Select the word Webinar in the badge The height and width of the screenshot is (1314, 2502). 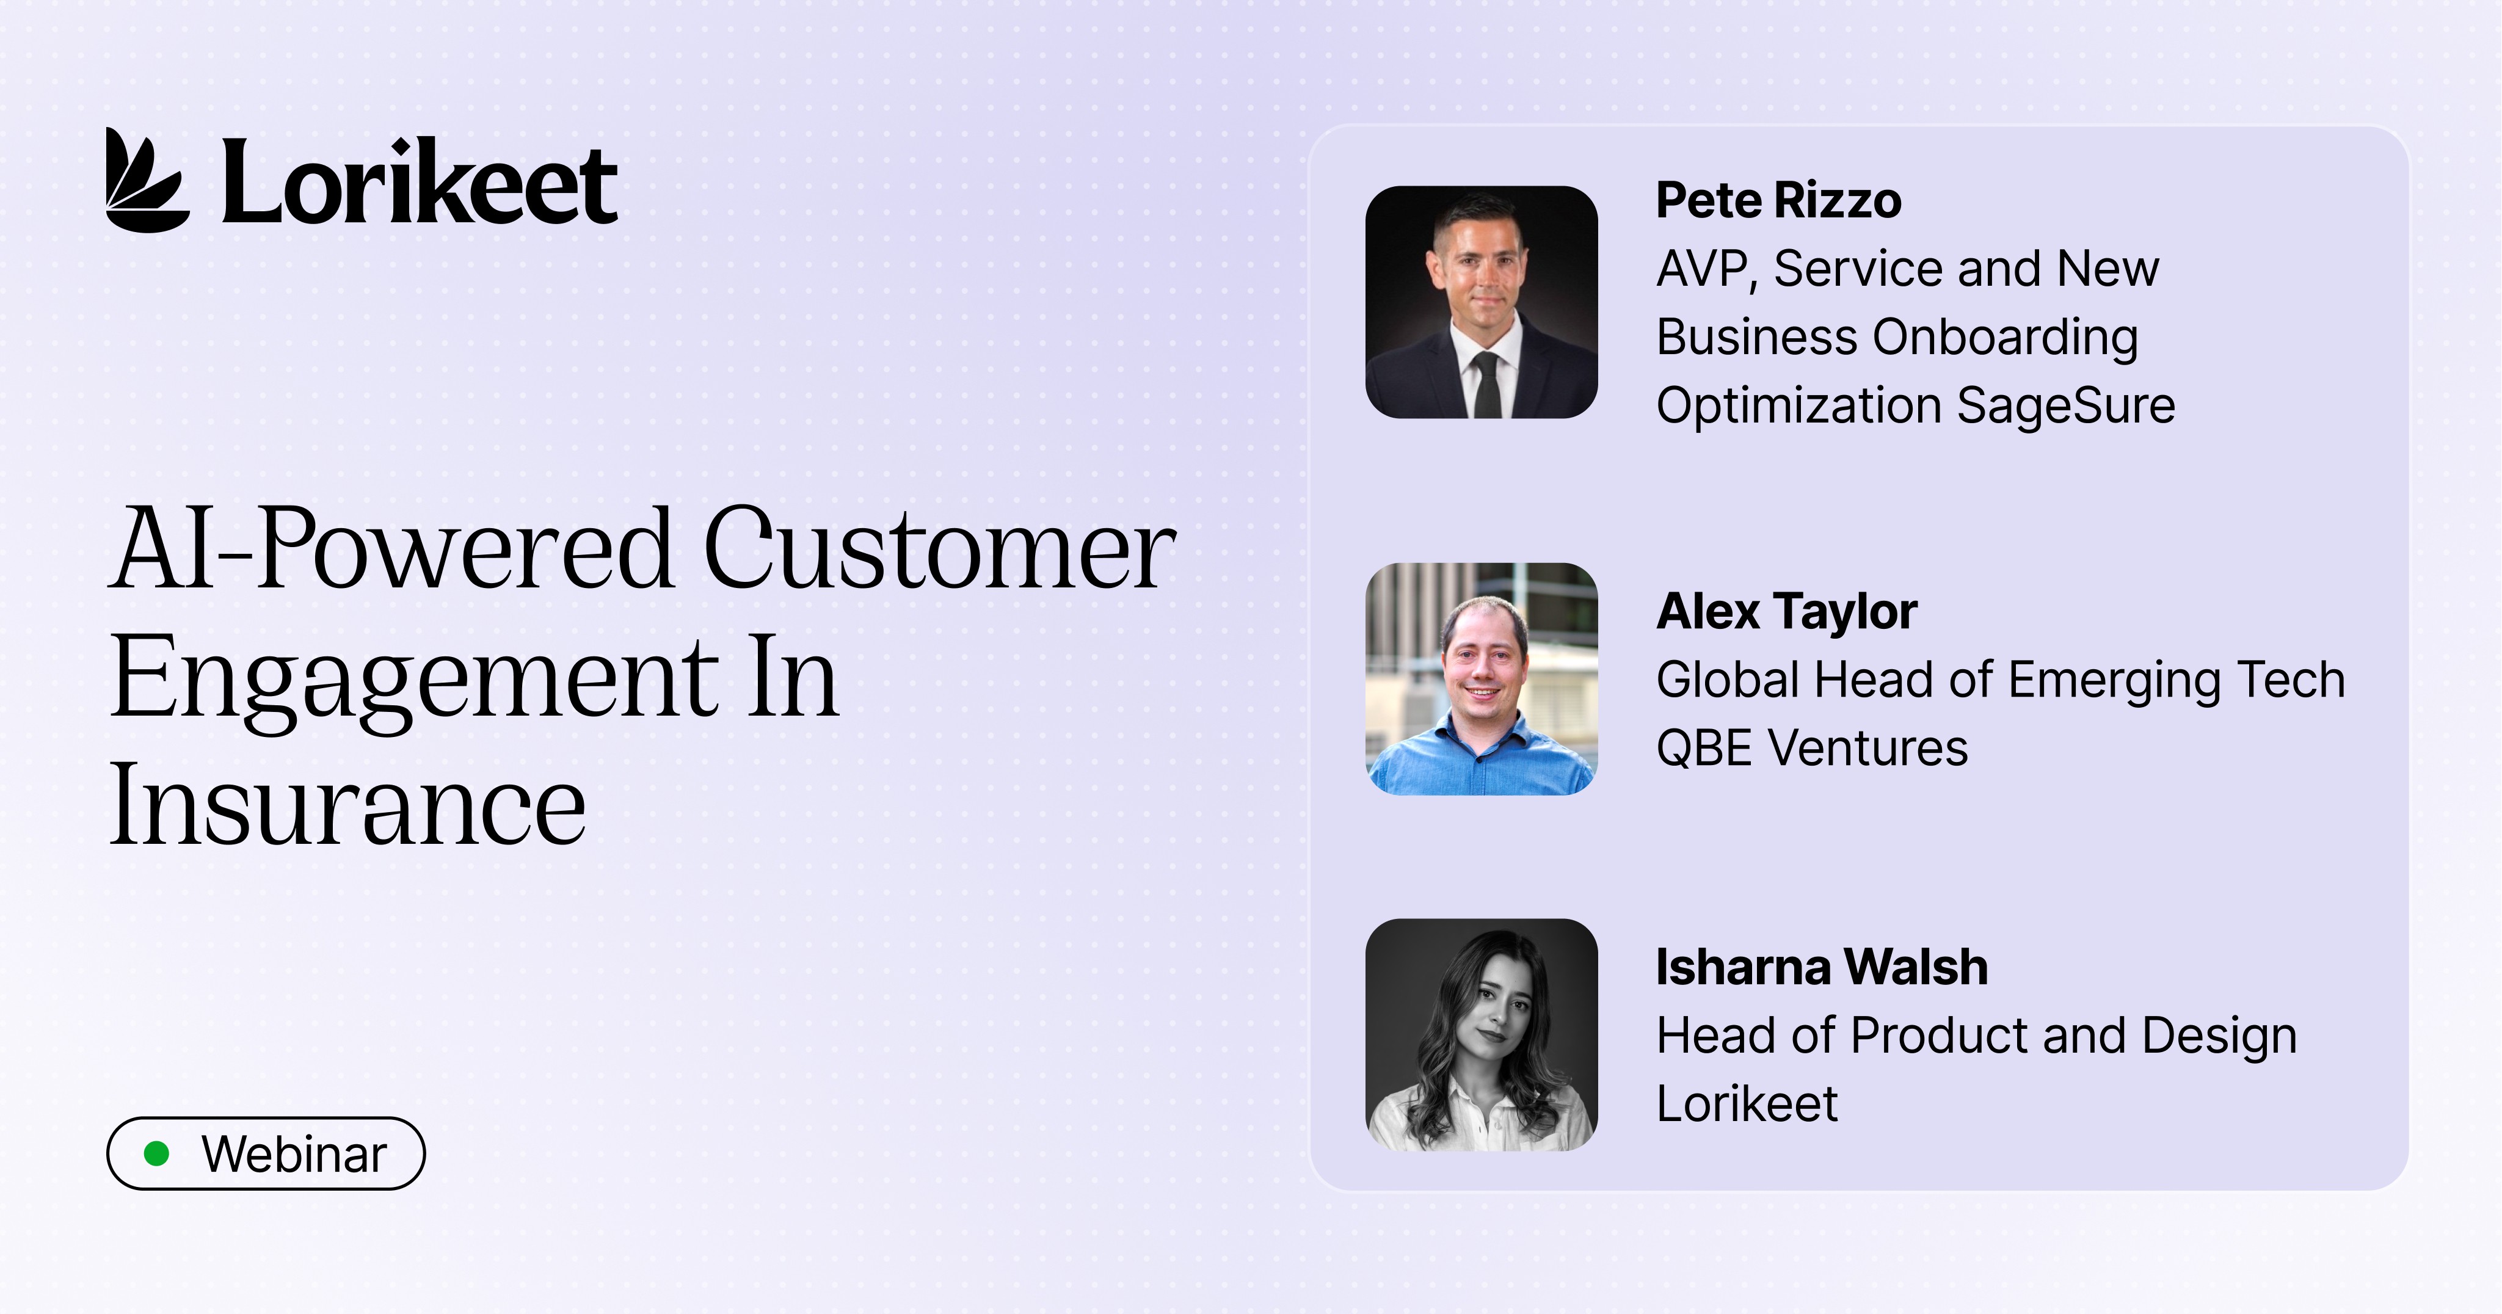(294, 1155)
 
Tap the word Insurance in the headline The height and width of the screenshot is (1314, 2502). (347, 805)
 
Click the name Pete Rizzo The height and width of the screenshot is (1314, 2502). (1778, 201)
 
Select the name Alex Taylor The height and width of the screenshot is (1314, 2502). (1786, 612)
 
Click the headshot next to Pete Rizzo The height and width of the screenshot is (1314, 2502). (1481, 302)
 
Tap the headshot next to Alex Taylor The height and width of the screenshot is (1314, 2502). (1481, 679)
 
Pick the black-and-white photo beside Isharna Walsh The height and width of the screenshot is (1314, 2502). (1481, 1036)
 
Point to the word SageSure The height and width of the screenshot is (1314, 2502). (2066, 406)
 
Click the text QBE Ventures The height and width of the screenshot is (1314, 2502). (1811, 749)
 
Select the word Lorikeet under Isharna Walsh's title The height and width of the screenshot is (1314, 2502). (1747, 1104)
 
